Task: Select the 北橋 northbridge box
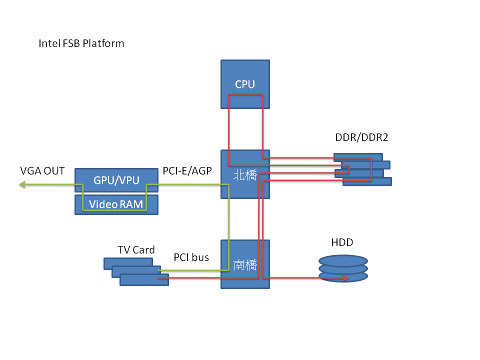245,187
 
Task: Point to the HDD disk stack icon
343,269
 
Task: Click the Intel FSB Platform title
81,43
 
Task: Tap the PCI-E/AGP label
187,171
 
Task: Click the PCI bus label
191,257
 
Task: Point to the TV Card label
136,249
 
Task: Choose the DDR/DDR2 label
361,137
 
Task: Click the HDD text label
342,242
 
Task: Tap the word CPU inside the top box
245,84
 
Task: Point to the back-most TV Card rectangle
125,261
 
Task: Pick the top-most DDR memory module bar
352,157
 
